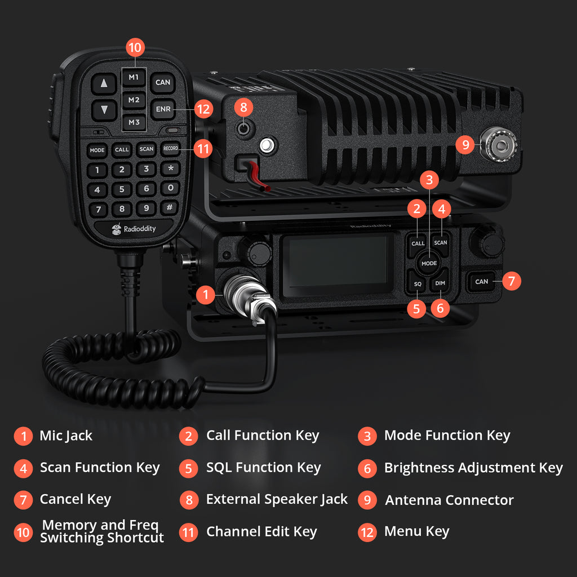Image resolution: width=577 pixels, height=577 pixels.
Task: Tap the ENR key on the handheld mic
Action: point(163,108)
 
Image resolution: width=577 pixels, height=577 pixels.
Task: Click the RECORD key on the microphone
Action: point(170,149)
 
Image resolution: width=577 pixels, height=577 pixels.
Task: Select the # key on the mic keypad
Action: point(170,208)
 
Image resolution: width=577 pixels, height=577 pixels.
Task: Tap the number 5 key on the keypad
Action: point(122,189)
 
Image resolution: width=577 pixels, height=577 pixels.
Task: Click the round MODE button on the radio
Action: point(429,263)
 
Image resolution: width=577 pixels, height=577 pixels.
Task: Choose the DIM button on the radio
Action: point(440,284)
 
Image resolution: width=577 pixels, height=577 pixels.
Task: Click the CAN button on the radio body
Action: point(482,282)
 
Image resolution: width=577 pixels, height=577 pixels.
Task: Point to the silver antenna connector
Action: point(499,144)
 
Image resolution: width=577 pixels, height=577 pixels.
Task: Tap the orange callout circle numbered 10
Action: point(135,48)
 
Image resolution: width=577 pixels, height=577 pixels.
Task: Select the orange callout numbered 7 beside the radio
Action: point(511,281)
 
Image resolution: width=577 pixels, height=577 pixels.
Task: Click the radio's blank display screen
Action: point(336,264)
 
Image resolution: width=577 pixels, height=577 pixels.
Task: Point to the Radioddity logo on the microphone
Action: point(134,229)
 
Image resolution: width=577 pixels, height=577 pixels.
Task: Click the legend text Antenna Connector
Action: point(449,500)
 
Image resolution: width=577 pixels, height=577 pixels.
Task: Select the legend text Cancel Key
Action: point(75,499)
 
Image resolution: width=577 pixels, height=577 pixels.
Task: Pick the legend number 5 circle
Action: point(189,468)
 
